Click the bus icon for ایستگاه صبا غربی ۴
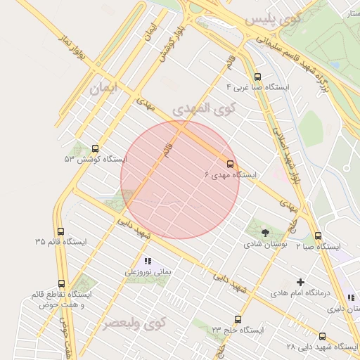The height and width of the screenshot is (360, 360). coord(257,77)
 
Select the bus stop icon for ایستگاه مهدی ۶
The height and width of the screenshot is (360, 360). coord(230,164)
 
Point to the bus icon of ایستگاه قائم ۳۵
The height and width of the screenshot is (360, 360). coord(60,231)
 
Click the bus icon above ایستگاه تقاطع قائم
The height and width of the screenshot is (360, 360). coord(62,283)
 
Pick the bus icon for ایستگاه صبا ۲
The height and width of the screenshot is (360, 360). coord(318,236)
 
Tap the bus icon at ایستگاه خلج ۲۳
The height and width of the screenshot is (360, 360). coord(238,319)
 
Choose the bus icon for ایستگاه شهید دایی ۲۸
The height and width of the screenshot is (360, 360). coord(323,337)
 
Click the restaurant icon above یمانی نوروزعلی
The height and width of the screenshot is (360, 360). coord(148,261)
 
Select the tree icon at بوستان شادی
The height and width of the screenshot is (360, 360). coord(264,233)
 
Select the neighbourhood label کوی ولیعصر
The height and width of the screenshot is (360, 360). coord(134,323)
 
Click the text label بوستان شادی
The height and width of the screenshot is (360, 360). coord(261,245)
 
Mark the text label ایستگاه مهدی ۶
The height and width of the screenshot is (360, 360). coord(232,175)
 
